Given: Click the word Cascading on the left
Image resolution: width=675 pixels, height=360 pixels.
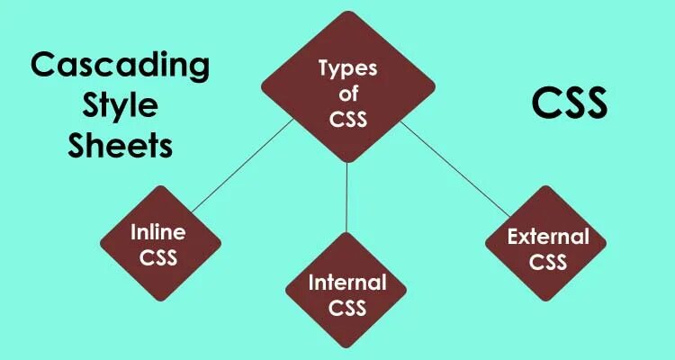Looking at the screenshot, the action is point(120,67).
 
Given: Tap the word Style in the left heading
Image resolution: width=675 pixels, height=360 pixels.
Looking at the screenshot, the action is point(120,106).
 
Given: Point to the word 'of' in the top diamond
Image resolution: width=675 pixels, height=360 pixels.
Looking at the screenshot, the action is point(348,94).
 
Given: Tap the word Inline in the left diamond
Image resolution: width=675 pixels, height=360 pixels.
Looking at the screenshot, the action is point(158,232).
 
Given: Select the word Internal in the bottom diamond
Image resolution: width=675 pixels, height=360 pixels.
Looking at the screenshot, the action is point(347,283).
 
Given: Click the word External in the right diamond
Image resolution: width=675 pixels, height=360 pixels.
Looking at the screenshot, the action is point(547,238).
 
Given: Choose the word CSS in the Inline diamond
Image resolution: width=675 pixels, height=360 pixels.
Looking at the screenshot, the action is point(158,258).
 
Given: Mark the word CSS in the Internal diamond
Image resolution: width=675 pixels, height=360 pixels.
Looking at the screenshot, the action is point(347,309).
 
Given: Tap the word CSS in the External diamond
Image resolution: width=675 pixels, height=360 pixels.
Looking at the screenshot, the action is point(547,263).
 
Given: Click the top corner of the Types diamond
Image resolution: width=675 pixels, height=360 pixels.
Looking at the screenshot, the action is point(348,12).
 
